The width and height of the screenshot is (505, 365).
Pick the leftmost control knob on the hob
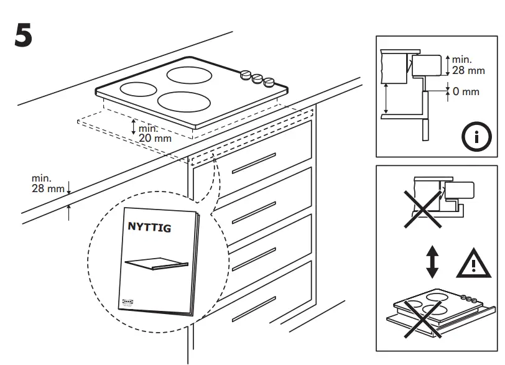pyautogui.click(x=245, y=74)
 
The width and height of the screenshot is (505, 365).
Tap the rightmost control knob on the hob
pyautogui.click(x=269, y=81)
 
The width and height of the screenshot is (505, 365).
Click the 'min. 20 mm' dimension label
pyautogui.click(x=155, y=132)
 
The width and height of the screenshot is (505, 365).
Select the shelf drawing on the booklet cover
pyautogui.click(x=156, y=264)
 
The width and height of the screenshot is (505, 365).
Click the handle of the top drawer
pyautogui.click(x=253, y=161)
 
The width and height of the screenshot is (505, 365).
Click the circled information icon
pyautogui.click(x=476, y=137)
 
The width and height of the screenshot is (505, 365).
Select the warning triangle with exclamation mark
pyautogui.click(x=473, y=265)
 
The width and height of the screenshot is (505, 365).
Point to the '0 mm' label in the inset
pyautogui.click(x=466, y=91)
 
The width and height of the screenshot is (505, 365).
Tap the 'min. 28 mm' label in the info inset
pyautogui.click(x=468, y=65)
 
